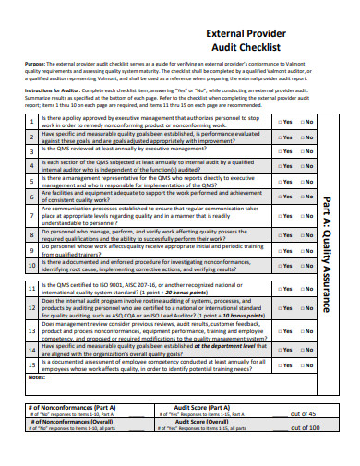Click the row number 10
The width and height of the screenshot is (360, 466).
pyautogui.click(x=31, y=264)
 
